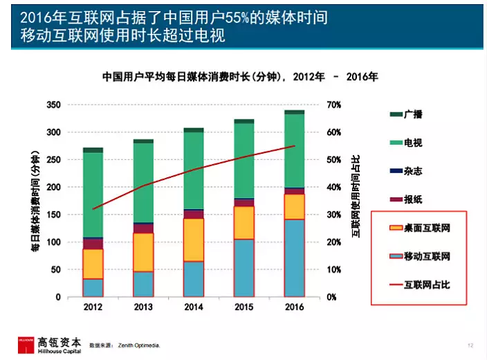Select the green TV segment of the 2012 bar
click(93, 195)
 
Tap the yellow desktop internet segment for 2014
click(193, 240)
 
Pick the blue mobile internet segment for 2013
click(143, 284)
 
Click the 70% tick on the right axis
click(333, 105)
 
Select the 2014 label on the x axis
click(193, 307)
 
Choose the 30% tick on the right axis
click(333, 215)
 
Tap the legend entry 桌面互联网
click(427, 228)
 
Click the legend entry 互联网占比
click(427, 285)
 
